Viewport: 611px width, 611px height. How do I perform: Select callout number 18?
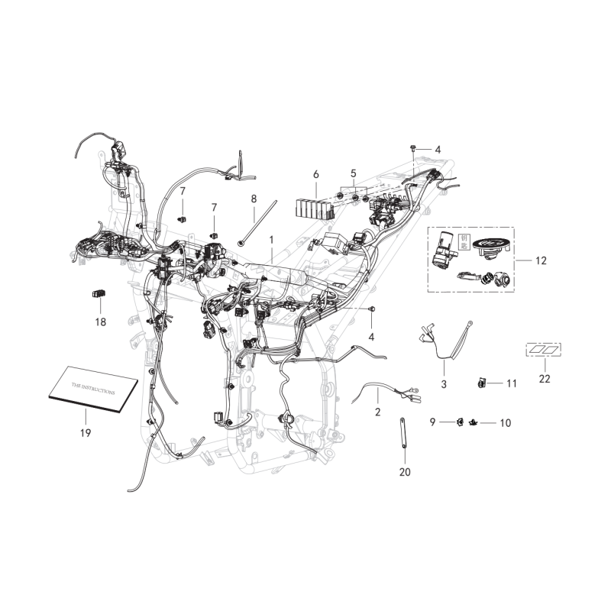click(101, 322)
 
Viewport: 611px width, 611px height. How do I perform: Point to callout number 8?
click(254, 199)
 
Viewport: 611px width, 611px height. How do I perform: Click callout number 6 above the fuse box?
click(315, 175)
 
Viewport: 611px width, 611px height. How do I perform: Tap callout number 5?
click(354, 173)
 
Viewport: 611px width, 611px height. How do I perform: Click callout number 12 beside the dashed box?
click(541, 260)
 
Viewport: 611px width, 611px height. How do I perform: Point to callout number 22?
click(543, 378)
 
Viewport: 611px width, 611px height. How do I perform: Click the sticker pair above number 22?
click(543, 350)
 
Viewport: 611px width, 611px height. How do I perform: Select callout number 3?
click(444, 383)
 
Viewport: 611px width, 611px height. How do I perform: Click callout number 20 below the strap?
click(405, 472)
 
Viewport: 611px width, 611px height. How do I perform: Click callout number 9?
click(432, 422)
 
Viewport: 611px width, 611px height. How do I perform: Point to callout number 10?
click(504, 422)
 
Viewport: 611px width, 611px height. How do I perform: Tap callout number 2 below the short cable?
click(377, 412)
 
